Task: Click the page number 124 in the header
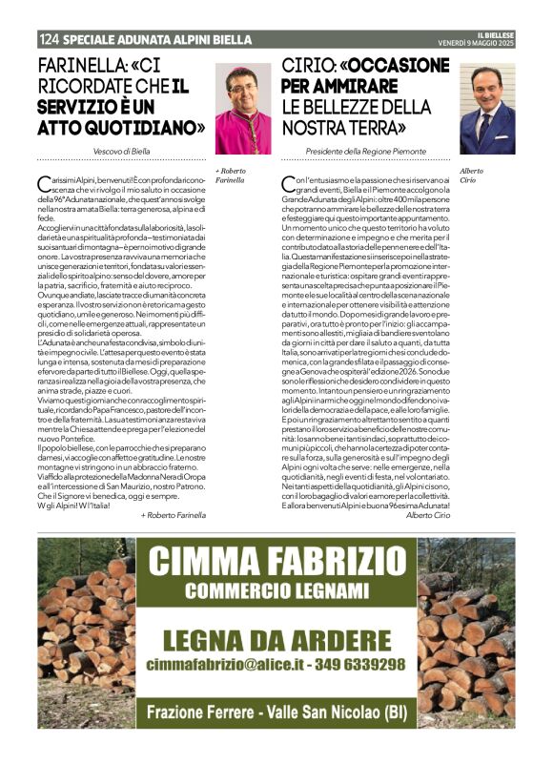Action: [50, 40]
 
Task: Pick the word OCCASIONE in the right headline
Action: [395, 68]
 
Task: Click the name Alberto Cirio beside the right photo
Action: [472, 175]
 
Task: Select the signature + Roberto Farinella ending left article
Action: [173, 514]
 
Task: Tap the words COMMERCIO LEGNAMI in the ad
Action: [276, 590]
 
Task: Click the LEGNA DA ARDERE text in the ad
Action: [276, 640]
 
